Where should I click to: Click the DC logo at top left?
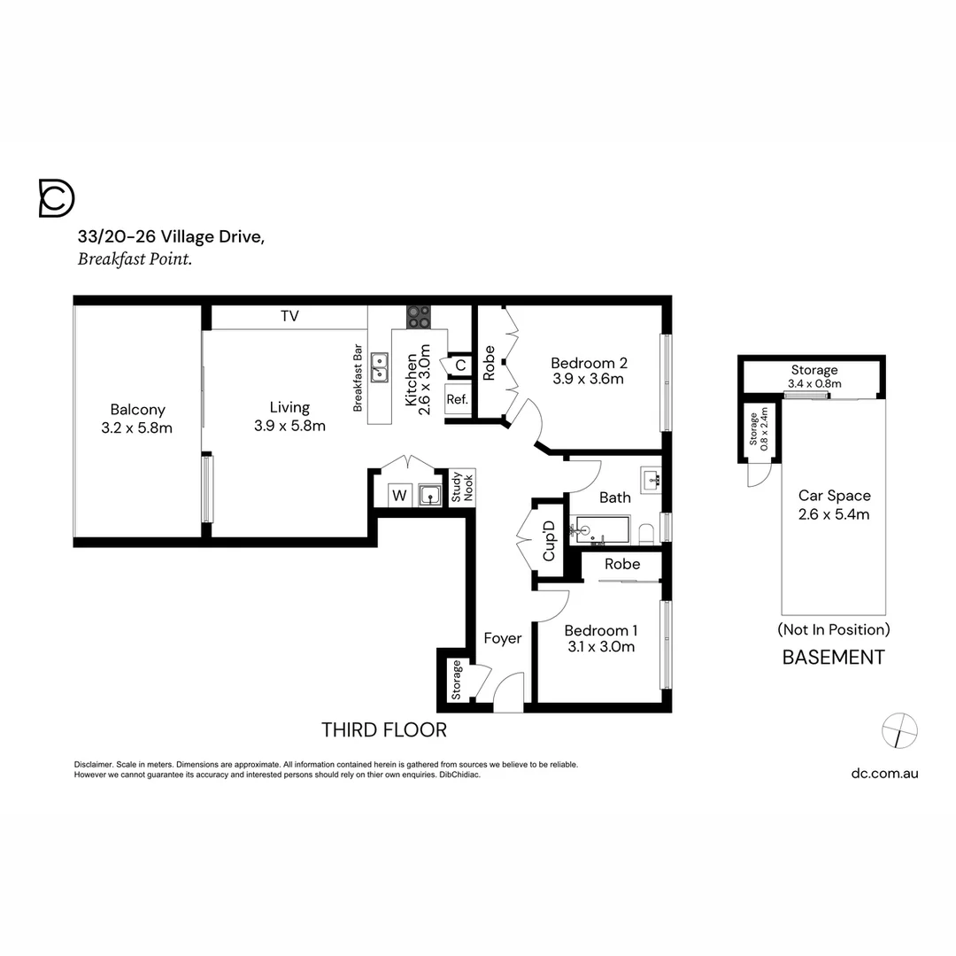(57, 197)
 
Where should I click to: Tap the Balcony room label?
(137, 410)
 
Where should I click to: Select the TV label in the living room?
(289, 316)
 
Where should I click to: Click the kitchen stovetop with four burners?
(419, 316)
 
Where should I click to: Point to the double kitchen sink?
(380, 366)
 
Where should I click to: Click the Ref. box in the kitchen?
(458, 399)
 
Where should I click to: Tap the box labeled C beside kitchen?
(460, 365)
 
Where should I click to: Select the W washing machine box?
(399, 496)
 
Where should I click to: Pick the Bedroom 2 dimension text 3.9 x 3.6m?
(588, 379)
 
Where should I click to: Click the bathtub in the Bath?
(599, 531)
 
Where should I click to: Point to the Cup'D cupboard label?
(549, 541)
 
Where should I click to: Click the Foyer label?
(502, 638)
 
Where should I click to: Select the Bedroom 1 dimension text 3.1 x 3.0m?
(600, 647)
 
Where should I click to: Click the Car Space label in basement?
(834, 496)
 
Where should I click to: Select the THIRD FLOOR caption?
(383, 730)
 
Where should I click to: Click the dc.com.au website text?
(884, 773)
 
